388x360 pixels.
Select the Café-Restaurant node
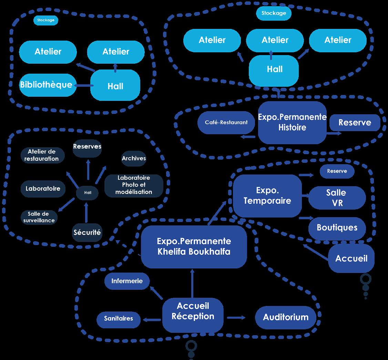[x=226, y=122]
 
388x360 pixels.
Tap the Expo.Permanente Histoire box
[x=292, y=122]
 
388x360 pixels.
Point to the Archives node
[x=134, y=158]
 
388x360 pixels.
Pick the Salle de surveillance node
[x=39, y=217]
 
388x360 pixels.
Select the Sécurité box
[x=87, y=233]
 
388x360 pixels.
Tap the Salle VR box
[x=337, y=198]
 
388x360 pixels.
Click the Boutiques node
[x=337, y=228]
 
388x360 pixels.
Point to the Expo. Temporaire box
[x=267, y=196]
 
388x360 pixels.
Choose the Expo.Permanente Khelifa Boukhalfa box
[x=194, y=246]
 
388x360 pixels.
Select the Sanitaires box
[x=119, y=318]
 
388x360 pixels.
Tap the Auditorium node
[x=286, y=317]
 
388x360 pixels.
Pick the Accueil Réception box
[x=193, y=311]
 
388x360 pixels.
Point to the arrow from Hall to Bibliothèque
[x=83, y=85]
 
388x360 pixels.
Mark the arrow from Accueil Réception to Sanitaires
[x=152, y=320]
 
